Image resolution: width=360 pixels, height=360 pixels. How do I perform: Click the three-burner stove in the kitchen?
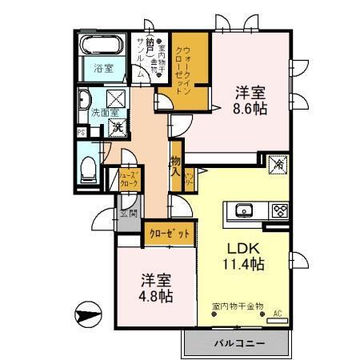[x=280, y=211]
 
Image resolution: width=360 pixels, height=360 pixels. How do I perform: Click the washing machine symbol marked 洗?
[x=117, y=126]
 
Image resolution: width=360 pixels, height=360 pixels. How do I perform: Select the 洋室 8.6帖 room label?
[x=250, y=99]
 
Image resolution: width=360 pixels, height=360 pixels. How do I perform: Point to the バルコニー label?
[x=238, y=342]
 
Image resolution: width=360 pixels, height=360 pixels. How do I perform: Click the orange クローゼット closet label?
[x=170, y=234]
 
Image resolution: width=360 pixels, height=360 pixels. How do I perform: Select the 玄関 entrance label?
[x=128, y=214]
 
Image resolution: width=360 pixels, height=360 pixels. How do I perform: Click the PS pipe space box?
[x=81, y=132]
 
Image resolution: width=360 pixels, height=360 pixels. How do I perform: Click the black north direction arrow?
[x=86, y=314]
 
